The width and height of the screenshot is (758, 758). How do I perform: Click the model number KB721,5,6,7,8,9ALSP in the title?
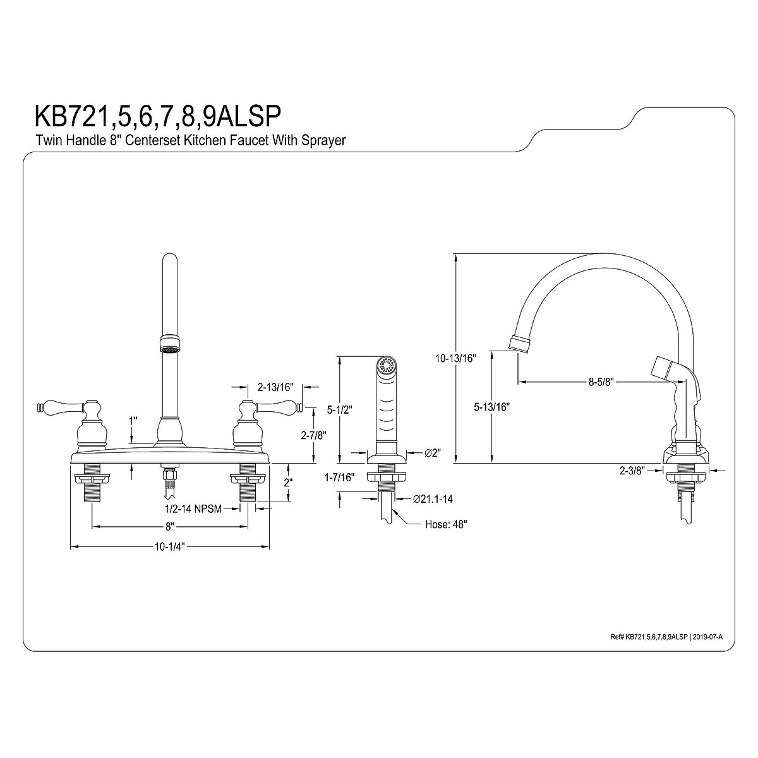[159, 116]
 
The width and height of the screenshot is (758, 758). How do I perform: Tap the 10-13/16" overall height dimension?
[455, 358]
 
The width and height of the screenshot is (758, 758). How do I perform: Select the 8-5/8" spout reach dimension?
[601, 382]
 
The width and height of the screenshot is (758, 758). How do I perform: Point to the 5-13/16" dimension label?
[491, 407]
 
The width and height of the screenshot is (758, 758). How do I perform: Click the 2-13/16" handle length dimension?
[276, 387]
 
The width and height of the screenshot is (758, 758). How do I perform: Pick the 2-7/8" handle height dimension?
[313, 435]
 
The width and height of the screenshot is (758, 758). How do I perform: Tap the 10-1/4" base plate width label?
[169, 547]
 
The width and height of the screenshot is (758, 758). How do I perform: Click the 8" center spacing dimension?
[169, 526]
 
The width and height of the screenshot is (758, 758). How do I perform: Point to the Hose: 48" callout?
[446, 524]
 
